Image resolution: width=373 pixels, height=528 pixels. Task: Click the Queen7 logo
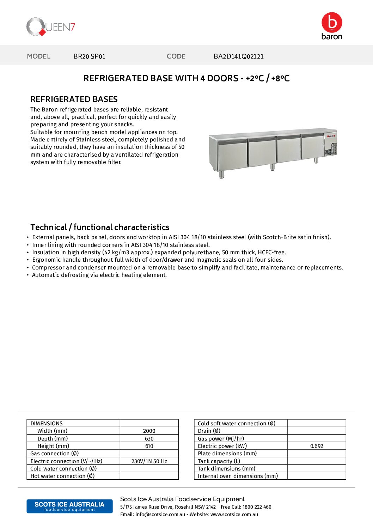[x=51, y=27]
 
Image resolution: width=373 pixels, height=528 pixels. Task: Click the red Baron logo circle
[x=332, y=23]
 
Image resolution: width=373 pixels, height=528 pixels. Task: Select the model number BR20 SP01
[x=90, y=56]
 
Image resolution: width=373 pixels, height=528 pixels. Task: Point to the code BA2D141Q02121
[x=239, y=56]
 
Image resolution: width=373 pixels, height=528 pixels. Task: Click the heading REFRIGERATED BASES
[x=74, y=99]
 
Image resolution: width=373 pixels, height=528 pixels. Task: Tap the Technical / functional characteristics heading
[x=100, y=227]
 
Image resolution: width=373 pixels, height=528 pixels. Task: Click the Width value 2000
[x=149, y=431]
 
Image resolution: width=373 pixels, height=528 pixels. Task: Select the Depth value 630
[x=149, y=439]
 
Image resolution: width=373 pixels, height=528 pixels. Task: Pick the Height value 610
[x=149, y=446]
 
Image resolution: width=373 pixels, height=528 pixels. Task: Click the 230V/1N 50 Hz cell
[x=149, y=461]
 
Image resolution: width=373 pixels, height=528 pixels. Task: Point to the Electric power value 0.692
[x=317, y=446]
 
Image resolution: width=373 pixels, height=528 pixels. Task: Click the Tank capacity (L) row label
[x=219, y=461]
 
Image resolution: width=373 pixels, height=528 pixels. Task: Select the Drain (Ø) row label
[x=209, y=431]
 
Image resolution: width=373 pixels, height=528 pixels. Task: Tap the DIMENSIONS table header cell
[x=47, y=424]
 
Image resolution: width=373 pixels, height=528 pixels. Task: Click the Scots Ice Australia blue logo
[x=69, y=506]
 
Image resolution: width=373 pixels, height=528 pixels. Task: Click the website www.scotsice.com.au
[x=234, y=515]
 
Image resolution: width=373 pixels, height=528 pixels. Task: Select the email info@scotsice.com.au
[x=160, y=515]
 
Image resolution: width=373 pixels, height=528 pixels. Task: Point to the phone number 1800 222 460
[x=257, y=507]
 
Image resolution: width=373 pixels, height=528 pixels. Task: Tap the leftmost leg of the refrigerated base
[x=221, y=174]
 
